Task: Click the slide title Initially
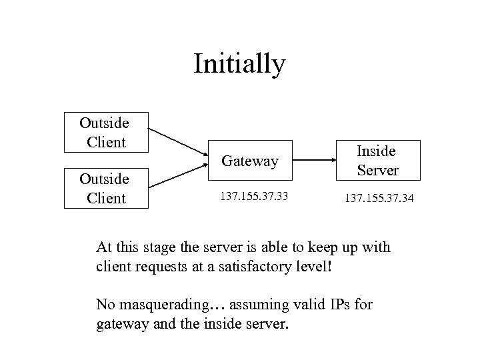(239, 64)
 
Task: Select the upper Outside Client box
(105, 132)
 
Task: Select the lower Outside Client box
(105, 189)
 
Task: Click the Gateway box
(250, 161)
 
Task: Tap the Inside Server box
(377, 161)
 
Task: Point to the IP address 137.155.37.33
(250, 197)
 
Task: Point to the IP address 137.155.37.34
(378, 197)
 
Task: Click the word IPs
(340, 305)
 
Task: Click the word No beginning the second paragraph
(105, 305)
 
